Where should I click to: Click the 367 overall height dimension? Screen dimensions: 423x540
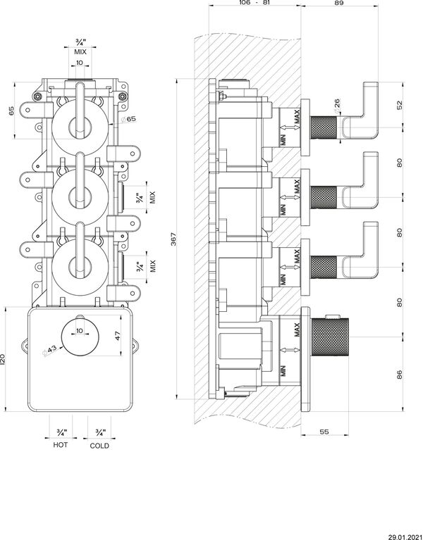click(x=173, y=238)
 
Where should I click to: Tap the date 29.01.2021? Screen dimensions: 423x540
click(x=405, y=537)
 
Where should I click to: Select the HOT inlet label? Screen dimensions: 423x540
click(x=61, y=445)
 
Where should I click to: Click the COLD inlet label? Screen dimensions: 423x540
click(x=99, y=446)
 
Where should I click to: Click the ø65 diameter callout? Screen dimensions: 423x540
click(x=128, y=119)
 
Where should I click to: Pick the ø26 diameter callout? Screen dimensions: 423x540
click(x=337, y=105)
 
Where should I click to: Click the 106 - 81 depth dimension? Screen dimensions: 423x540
click(x=255, y=3)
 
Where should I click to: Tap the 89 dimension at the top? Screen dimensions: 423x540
click(x=339, y=3)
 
